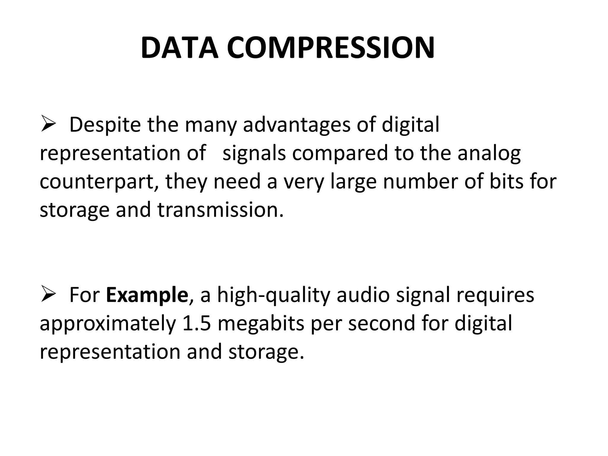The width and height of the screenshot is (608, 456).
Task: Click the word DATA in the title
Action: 179,48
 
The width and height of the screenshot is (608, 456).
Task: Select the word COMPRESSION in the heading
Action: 331,48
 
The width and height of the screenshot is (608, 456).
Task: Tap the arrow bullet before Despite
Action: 48,125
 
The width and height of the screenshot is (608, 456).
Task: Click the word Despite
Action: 105,125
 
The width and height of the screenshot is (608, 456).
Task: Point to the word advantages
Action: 297,125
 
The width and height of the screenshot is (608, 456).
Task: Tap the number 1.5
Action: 197,323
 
